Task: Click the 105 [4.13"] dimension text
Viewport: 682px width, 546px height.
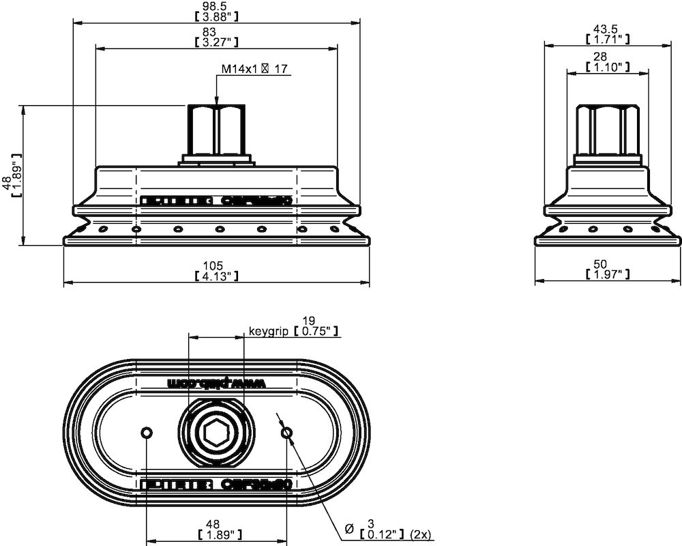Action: coord(216,270)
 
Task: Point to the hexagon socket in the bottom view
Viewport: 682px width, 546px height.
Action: coord(216,433)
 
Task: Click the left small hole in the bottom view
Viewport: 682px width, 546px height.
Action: coord(146,433)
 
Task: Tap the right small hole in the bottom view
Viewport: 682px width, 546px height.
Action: coord(286,432)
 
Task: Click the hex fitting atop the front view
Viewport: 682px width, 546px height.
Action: coord(216,130)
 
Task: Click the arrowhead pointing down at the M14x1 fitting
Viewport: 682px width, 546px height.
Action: coord(216,100)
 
